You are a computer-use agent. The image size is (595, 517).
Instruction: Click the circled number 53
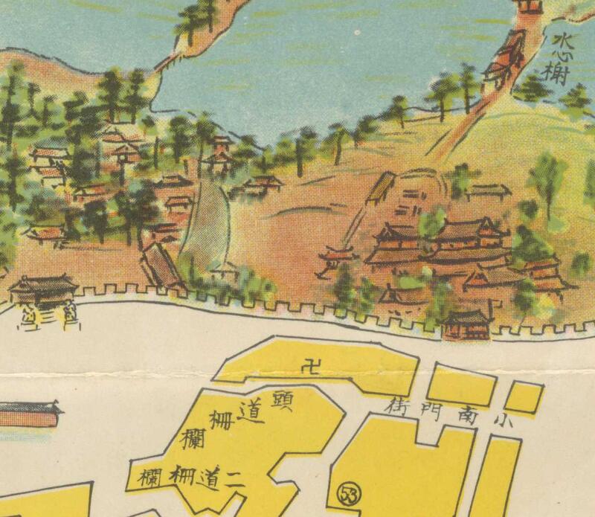(347, 492)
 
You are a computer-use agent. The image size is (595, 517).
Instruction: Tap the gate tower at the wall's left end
(42, 290)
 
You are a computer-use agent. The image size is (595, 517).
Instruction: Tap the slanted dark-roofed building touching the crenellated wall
(161, 264)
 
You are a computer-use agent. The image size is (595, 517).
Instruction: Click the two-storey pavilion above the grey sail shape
(221, 155)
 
